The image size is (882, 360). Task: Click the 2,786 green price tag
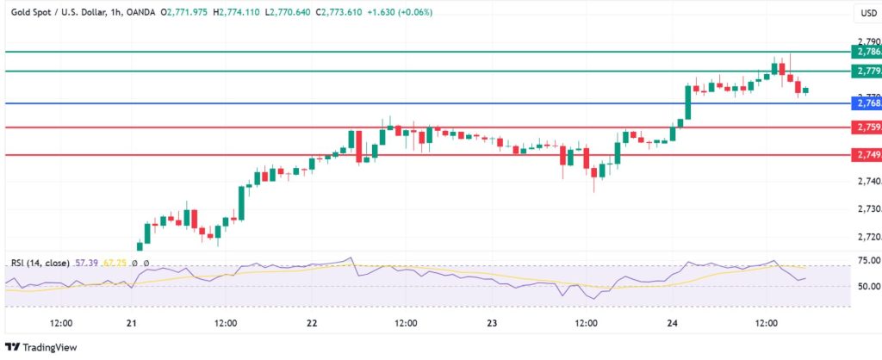pos(865,52)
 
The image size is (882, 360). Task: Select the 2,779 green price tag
pos(865,71)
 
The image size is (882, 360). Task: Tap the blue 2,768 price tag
pos(865,103)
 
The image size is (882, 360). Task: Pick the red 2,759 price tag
pos(865,127)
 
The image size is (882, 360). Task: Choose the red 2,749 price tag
pos(865,155)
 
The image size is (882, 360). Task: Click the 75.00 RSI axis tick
pos(866,260)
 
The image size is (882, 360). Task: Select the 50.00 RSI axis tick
pos(866,287)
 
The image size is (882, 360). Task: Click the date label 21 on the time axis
pos(132,324)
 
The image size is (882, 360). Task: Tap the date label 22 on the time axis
pos(312,324)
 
